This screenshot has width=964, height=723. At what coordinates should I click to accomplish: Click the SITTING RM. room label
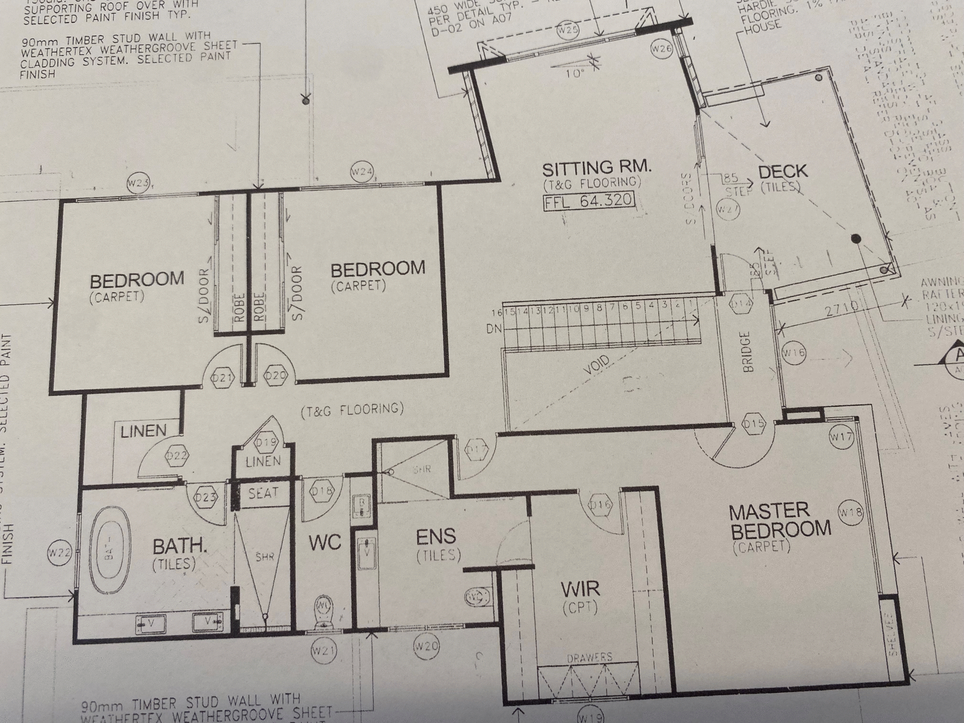tap(596, 168)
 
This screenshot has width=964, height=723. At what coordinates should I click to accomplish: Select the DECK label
tap(783, 172)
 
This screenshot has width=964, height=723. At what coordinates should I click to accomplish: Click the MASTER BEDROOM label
tap(780, 520)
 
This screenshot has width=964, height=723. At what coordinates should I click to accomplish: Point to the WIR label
tap(580, 589)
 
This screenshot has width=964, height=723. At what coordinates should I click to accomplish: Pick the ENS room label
tap(436, 537)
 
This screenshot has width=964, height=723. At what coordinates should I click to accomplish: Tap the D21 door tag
tap(222, 377)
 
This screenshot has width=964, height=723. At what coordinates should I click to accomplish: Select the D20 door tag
tap(276, 376)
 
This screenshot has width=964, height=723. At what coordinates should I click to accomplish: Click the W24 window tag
tap(361, 172)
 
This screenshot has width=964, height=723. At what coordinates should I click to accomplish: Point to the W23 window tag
tap(138, 183)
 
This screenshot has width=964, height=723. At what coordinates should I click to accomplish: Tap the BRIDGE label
tap(748, 351)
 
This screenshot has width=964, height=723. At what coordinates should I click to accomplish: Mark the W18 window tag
tap(851, 513)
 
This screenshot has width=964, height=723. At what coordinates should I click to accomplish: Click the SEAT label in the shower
tap(263, 493)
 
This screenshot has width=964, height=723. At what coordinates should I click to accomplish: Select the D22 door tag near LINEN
tap(177, 455)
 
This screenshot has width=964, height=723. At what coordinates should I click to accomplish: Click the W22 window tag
tap(59, 553)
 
